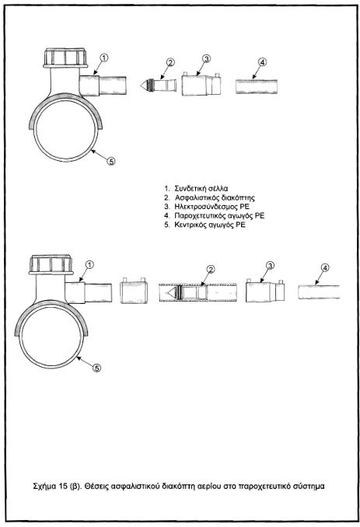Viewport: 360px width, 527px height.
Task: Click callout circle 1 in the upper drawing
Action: click(104, 58)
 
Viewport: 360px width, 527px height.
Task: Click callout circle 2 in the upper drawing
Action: click(171, 62)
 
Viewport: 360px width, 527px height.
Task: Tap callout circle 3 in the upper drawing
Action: click(206, 58)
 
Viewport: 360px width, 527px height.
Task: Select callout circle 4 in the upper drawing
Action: click(262, 62)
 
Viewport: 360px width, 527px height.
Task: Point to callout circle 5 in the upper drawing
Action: click(110, 162)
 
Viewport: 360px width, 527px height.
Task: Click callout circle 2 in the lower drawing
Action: click(211, 269)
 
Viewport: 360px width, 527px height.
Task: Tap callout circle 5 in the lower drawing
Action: click(96, 368)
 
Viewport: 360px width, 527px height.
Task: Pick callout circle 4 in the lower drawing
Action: click(325, 268)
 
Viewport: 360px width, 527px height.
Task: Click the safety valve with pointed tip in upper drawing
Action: click(159, 85)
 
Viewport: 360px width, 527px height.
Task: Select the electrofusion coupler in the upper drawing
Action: click(201, 84)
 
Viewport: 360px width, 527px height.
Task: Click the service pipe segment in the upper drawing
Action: click(257, 87)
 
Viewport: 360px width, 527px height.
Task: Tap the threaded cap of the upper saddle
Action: click(65, 58)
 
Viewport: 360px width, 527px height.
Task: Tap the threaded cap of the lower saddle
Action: click(51, 265)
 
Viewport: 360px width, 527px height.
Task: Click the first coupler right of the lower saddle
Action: click(134, 291)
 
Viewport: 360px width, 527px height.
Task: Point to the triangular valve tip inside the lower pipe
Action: click(172, 292)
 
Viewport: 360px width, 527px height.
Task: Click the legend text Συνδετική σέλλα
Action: click(201, 188)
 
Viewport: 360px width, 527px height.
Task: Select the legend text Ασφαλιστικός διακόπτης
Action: click(215, 197)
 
